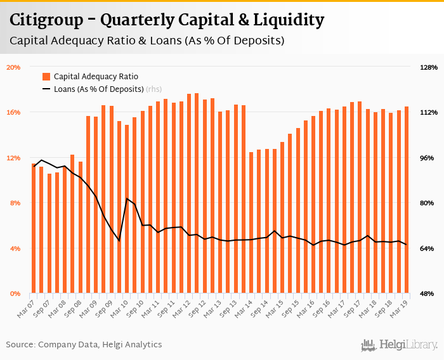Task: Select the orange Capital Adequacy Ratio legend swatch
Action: [46, 76]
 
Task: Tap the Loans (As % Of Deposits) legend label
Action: [98, 89]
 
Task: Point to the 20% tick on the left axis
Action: [14, 67]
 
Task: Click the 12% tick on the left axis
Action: [14, 158]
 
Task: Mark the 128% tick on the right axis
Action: [429, 67]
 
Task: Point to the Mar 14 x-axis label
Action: [244, 305]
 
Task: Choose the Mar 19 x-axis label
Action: [400, 305]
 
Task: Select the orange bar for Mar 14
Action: [251, 222]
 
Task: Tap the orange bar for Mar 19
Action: [407, 200]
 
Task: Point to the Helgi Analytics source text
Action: [132, 345]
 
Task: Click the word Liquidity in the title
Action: [291, 20]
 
